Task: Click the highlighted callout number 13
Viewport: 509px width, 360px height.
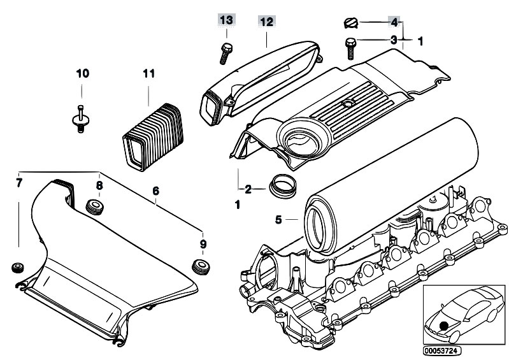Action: [x=226, y=20]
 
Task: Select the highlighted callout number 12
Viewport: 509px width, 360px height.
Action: [x=266, y=22]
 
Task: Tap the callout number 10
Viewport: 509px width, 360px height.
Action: [x=82, y=73]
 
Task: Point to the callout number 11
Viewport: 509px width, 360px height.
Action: [x=148, y=73]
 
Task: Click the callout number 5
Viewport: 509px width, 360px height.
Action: [x=278, y=220]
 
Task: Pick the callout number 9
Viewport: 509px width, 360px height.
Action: [x=203, y=244]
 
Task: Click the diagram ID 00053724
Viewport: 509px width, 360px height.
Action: [x=442, y=350]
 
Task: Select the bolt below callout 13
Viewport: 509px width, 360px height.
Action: [x=226, y=54]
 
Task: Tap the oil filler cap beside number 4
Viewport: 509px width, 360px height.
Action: [x=350, y=23]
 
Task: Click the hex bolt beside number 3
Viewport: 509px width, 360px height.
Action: [x=350, y=48]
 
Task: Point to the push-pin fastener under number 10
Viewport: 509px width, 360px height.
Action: [x=80, y=119]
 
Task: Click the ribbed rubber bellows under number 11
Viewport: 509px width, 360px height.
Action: [x=153, y=136]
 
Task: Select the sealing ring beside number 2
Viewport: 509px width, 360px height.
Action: [x=283, y=186]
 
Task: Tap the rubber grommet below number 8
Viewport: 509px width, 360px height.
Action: [x=94, y=207]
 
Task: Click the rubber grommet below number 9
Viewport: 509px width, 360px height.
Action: [x=201, y=266]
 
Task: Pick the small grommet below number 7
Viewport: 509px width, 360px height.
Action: [x=18, y=267]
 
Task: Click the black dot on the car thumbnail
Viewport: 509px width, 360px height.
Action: [x=443, y=325]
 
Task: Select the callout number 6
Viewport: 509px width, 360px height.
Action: [x=156, y=191]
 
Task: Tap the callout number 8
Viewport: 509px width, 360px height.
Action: [x=99, y=185]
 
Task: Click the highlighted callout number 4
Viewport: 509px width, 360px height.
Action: [x=394, y=22]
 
